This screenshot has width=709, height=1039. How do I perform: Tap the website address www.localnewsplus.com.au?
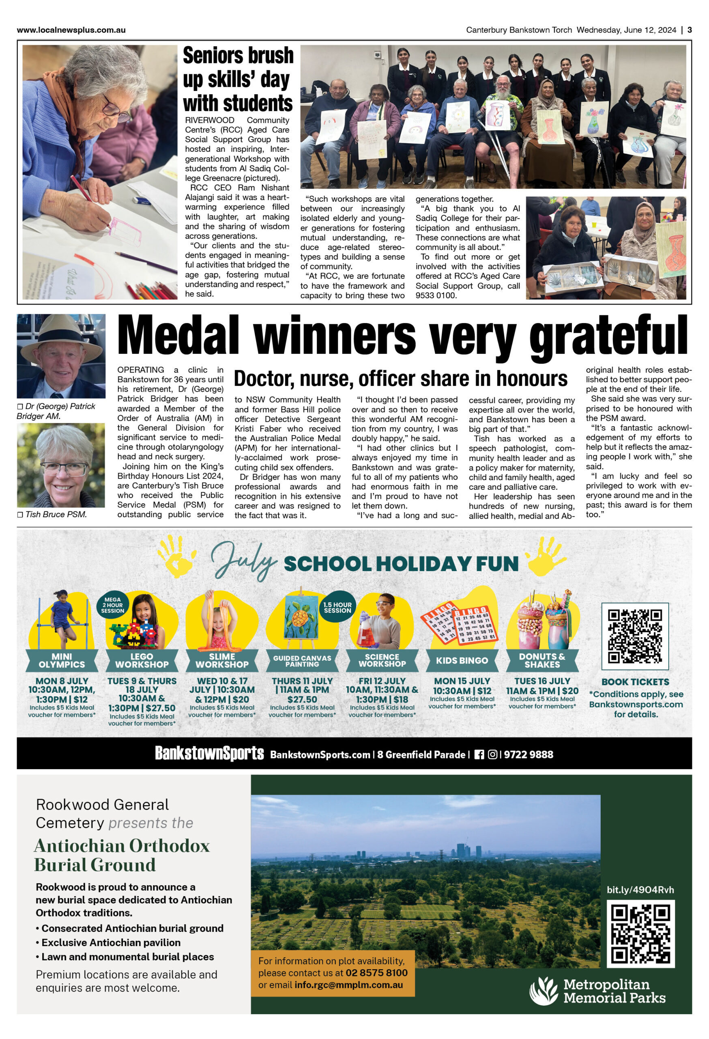(71, 30)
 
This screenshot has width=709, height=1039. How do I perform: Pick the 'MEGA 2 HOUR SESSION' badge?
(113, 605)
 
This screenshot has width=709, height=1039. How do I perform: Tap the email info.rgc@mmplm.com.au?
(348, 985)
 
